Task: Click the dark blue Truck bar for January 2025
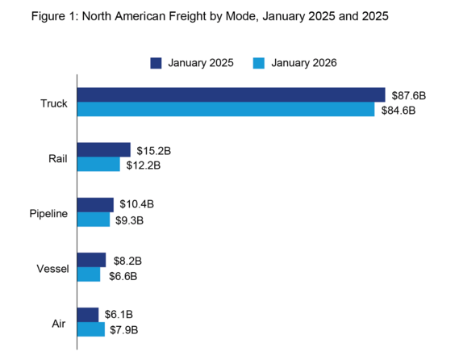click(230, 95)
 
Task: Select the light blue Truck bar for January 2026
click(225, 109)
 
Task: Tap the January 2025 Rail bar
click(103, 150)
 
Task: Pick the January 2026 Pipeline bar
click(93, 219)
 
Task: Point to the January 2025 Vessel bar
click(91, 260)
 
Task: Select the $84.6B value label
click(398, 110)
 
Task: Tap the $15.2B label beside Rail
click(153, 151)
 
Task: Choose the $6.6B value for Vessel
click(122, 275)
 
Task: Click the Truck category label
click(53, 103)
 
